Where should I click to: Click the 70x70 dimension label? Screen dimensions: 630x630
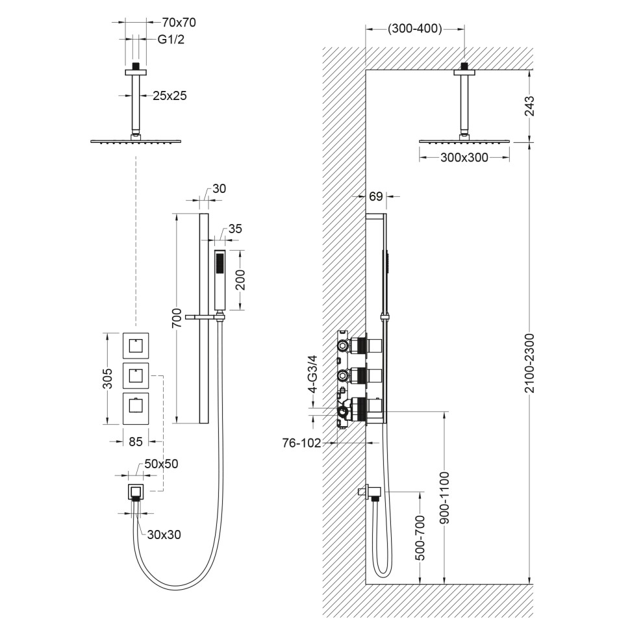coord(178,22)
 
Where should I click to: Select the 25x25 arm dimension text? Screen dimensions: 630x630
coord(170,95)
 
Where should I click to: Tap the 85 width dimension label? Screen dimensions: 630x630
coord(136,442)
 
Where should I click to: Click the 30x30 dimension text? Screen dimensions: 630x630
coord(164,535)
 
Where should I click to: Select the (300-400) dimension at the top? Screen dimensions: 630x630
coord(415,29)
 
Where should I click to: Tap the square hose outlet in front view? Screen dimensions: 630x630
coord(136,491)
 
